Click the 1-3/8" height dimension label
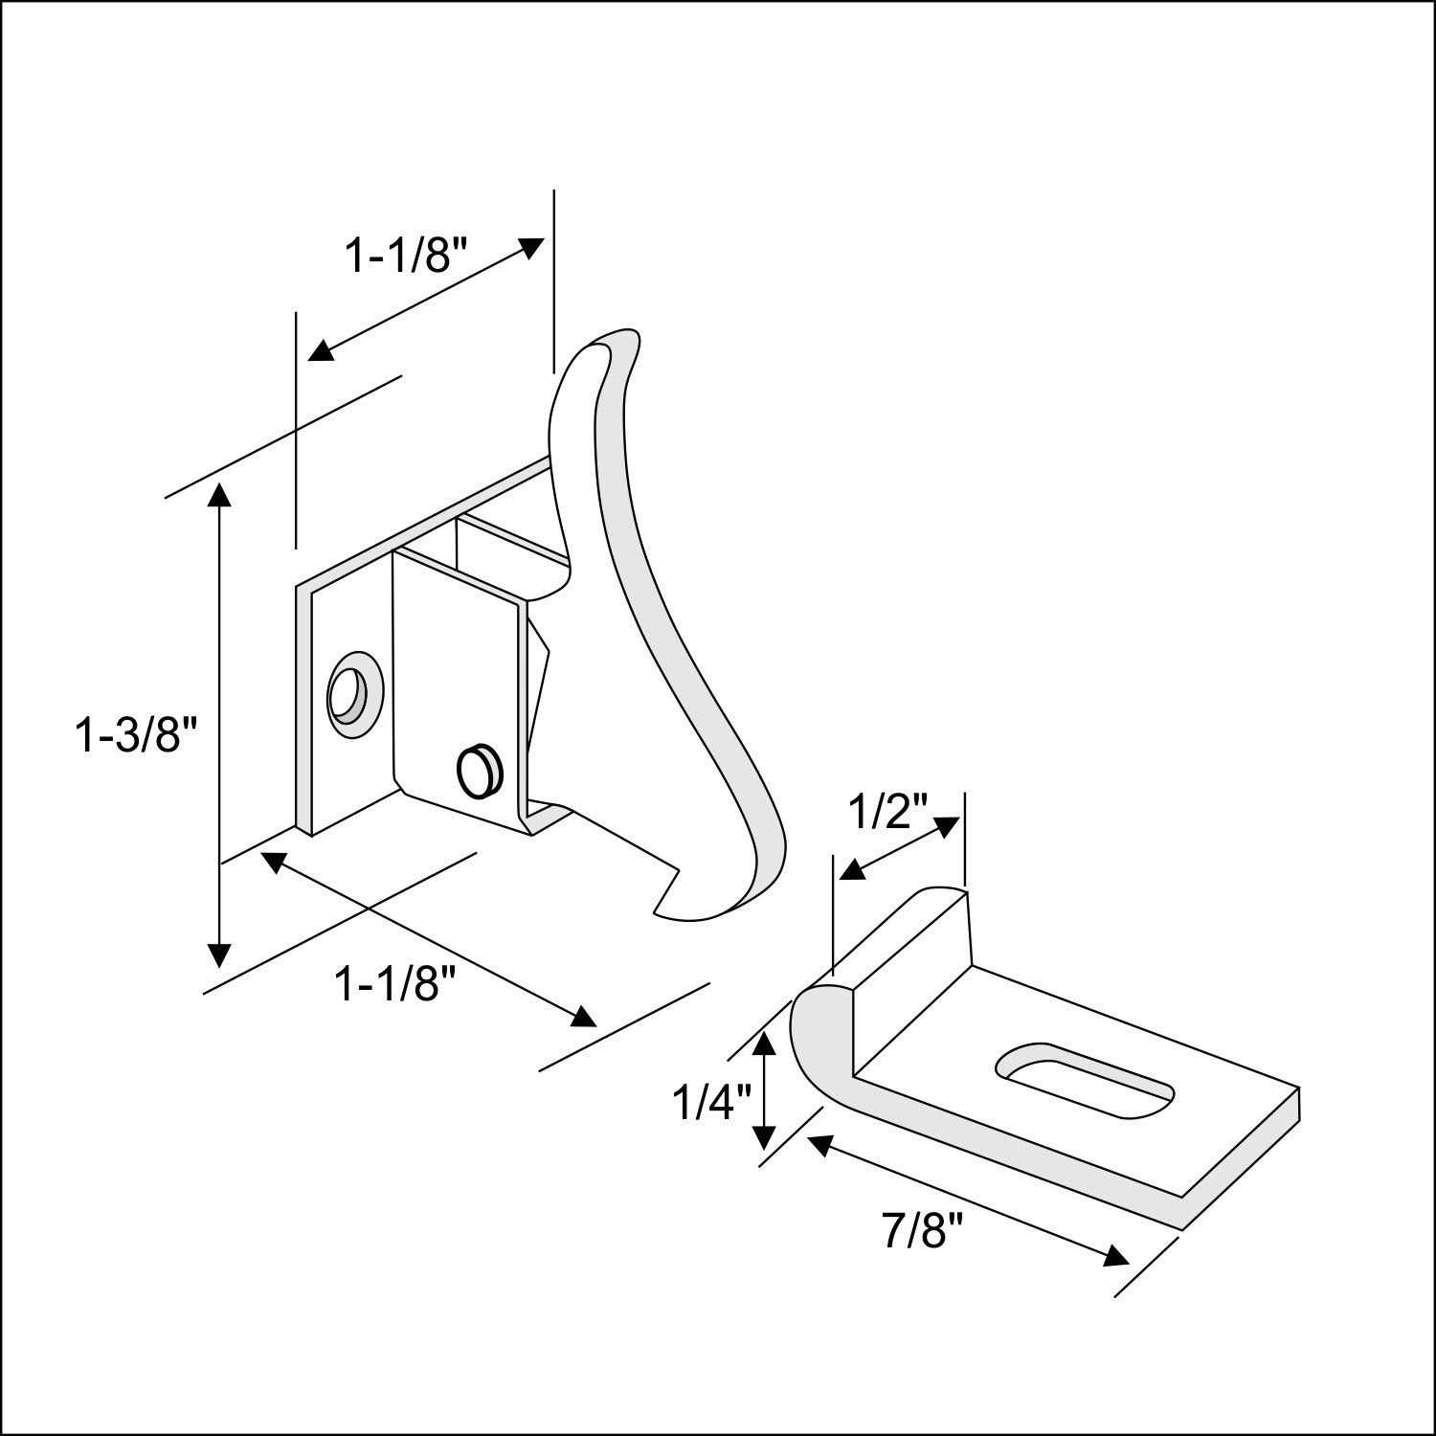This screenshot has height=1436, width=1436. pos(136,736)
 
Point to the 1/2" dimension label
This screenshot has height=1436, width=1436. pos(889,814)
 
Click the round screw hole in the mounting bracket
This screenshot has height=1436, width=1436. pos(351,693)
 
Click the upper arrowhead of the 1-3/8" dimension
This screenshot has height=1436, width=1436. pos(219,496)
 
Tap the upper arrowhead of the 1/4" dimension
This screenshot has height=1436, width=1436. pos(763,1042)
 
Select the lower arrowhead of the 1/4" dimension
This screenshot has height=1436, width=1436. pos(763,1136)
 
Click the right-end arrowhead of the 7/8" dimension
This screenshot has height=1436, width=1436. pos(1115,1256)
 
